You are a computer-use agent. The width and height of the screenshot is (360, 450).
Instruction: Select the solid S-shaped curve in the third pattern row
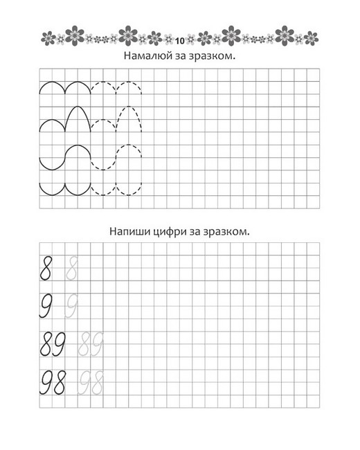coord(65,156)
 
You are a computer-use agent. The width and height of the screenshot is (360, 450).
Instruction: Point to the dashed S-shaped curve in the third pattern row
coord(116,156)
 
